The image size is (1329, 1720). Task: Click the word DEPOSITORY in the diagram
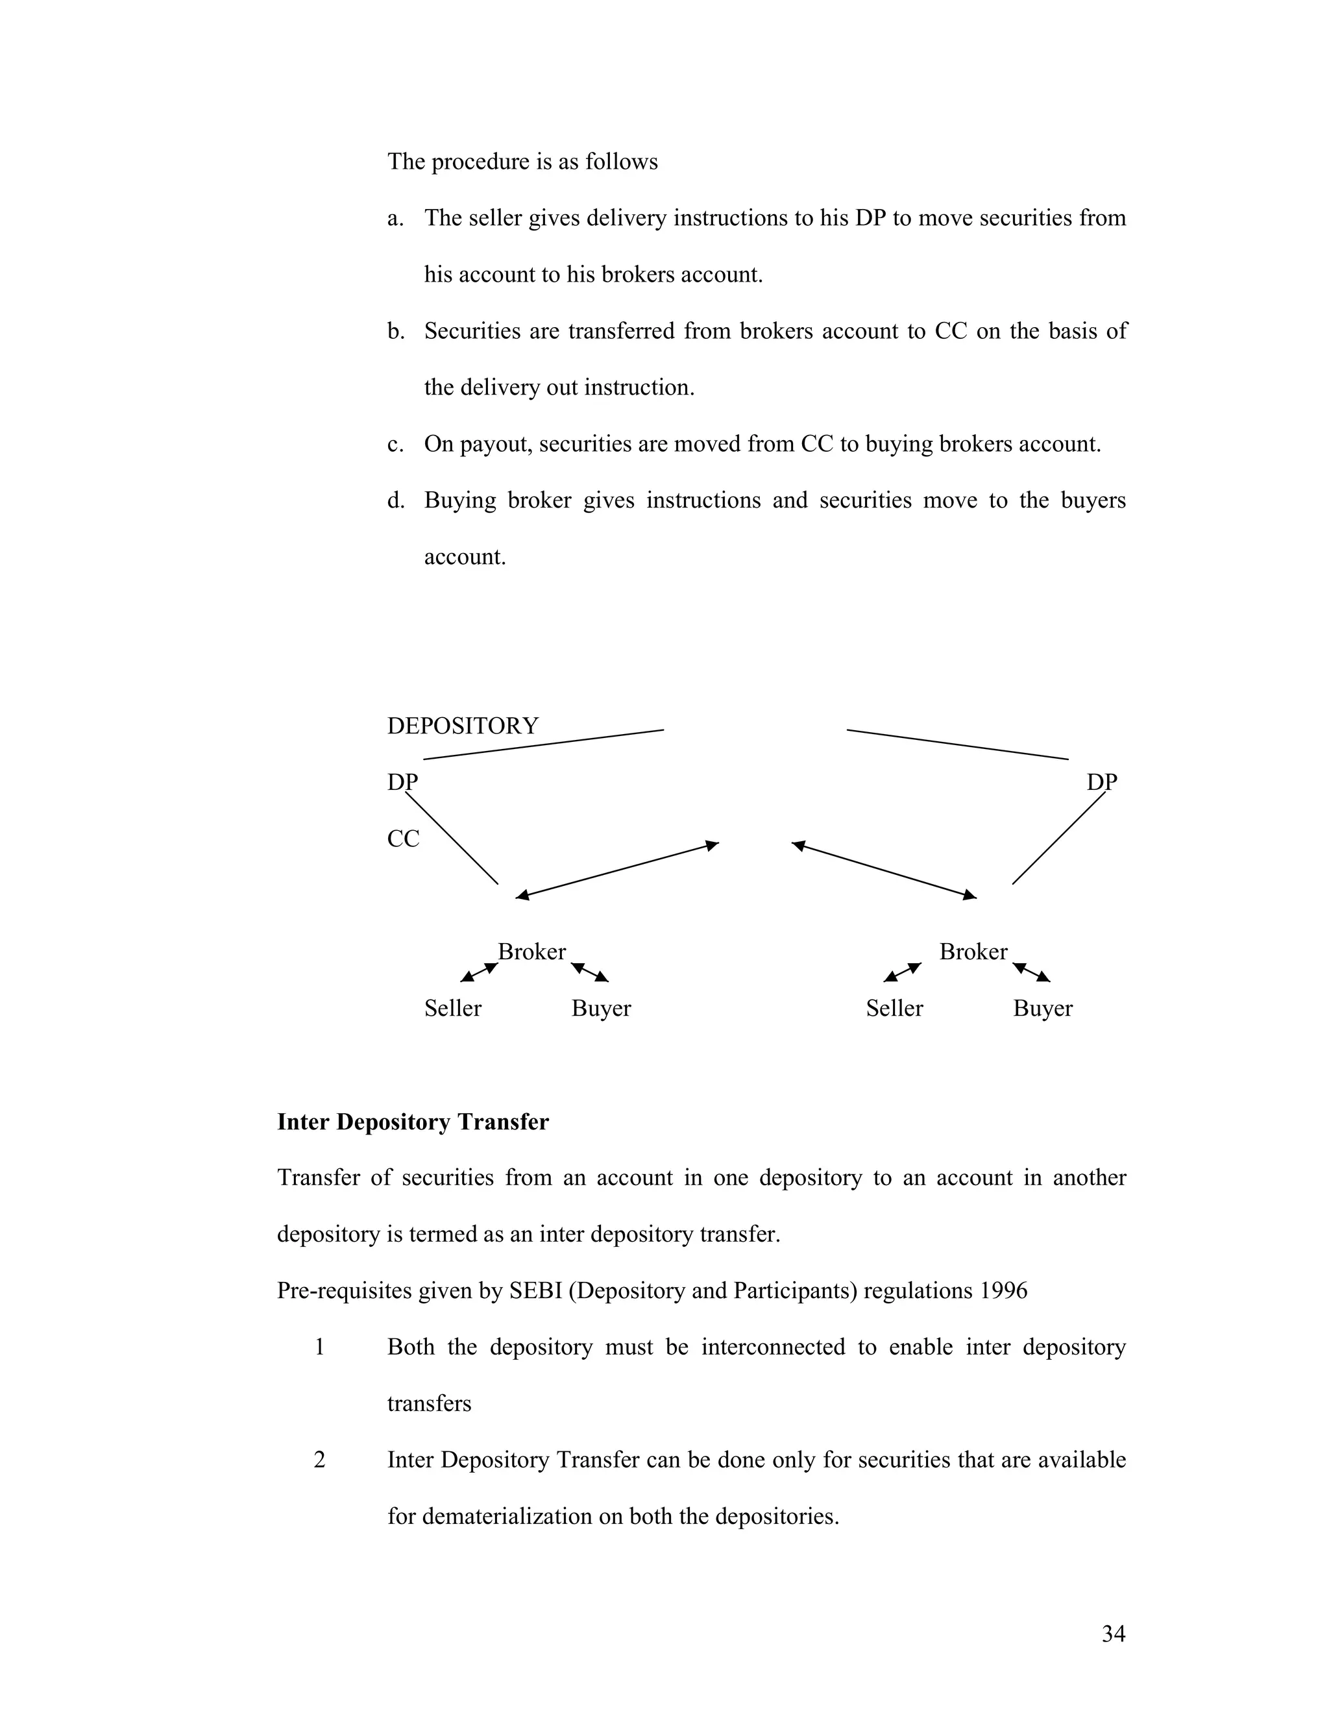click(462, 726)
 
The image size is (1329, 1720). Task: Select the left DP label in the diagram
click(402, 782)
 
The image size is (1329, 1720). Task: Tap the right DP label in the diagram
click(1101, 782)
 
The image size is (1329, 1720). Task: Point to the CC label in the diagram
click(403, 839)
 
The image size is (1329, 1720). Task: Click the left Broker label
click(531, 952)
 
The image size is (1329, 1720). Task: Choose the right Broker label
click(973, 952)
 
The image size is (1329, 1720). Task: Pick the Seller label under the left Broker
click(453, 1008)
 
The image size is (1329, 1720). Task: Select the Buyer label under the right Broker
click(1042, 1008)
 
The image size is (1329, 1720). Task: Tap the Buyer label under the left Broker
click(601, 1008)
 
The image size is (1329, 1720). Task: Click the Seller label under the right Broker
click(894, 1008)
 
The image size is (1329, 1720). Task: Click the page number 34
click(1114, 1634)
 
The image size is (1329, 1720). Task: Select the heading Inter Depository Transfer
click(413, 1122)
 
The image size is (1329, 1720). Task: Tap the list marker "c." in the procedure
click(395, 444)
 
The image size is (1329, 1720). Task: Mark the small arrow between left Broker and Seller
click(479, 973)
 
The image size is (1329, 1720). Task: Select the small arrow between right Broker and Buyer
click(1031, 973)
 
